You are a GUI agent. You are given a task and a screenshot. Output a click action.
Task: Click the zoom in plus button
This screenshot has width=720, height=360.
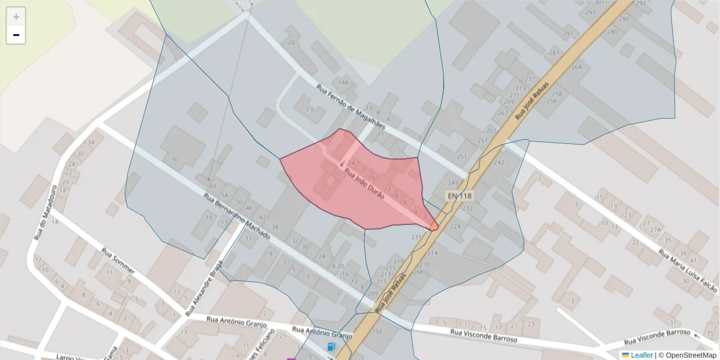(x=16, y=17)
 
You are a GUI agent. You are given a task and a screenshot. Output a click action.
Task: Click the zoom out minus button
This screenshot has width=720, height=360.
(x=16, y=35)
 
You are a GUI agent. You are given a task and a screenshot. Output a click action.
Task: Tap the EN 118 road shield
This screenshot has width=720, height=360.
(x=460, y=196)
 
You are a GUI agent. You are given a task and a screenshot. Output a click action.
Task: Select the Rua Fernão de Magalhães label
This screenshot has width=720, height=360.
(x=358, y=106)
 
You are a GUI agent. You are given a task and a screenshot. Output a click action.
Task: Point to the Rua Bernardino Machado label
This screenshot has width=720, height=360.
(x=236, y=217)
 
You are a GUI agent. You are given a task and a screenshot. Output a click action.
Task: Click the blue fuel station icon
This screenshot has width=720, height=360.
(x=331, y=347)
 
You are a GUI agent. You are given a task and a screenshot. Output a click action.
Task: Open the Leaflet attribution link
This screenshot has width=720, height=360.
(x=641, y=355)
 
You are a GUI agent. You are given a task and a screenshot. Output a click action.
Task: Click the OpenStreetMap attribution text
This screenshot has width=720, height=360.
(x=686, y=355)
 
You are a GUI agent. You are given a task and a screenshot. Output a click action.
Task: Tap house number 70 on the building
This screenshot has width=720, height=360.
(x=175, y=160)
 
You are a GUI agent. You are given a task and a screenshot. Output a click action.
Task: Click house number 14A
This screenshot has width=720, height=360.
(x=343, y=82)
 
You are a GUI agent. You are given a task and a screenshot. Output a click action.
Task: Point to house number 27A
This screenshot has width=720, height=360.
(x=655, y=229)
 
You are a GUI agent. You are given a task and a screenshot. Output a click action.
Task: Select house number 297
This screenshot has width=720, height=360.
(x=590, y=13)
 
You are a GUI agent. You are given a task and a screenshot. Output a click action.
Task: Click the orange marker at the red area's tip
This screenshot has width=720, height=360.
(x=433, y=226)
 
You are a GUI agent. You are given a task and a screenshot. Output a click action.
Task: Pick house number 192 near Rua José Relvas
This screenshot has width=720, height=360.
(x=377, y=331)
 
